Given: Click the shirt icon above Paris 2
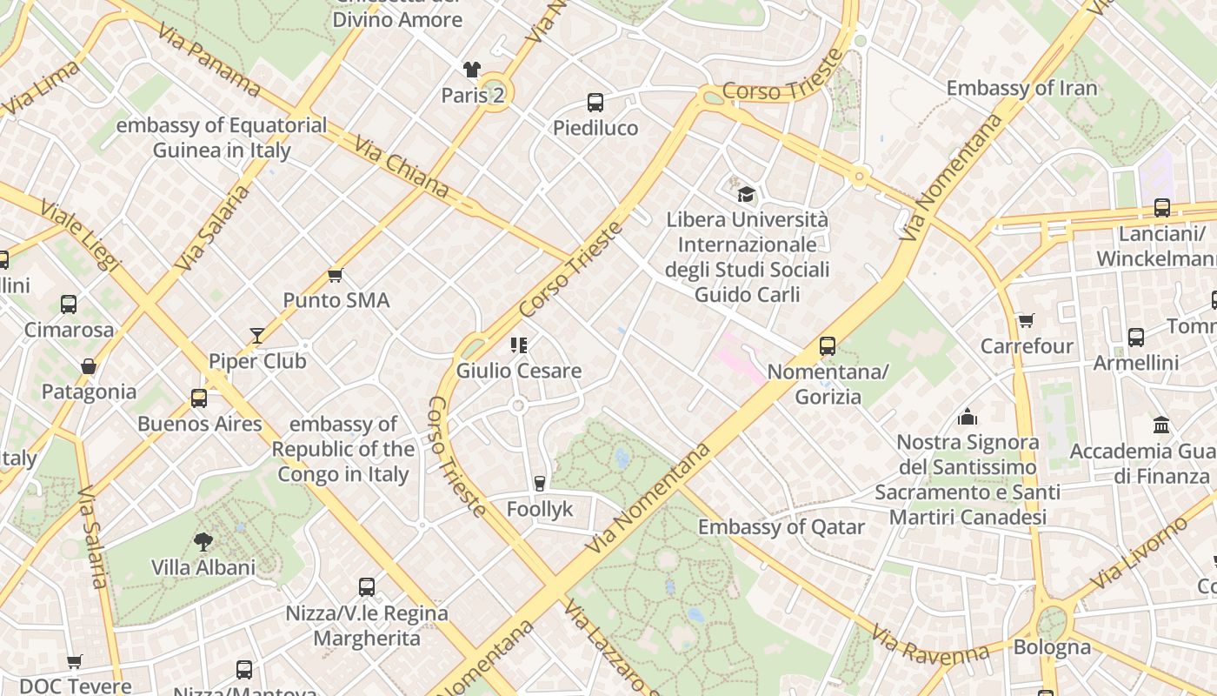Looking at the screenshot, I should click(471, 70).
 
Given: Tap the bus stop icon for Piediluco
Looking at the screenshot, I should click(595, 103).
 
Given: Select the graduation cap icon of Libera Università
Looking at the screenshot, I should click(746, 194).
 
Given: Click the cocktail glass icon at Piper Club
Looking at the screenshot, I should click(257, 335).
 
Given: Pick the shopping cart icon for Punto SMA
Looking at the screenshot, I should click(336, 275).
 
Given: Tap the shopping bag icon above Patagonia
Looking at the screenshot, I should click(89, 366).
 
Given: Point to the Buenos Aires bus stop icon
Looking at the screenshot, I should click(199, 398).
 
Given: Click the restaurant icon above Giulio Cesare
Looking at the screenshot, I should click(519, 345).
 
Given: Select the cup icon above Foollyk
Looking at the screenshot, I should click(540, 484).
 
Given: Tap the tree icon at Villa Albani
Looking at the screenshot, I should click(203, 542).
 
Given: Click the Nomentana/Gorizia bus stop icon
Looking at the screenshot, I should click(828, 346).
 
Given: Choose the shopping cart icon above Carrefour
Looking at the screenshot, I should click(1027, 320).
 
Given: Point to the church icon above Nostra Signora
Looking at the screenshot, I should click(968, 417).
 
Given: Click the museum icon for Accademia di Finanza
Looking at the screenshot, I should click(1161, 425).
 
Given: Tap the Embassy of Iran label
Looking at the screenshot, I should click(1021, 88).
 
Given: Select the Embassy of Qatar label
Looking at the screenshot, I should click(781, 527).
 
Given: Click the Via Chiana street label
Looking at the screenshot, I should click(402, 167).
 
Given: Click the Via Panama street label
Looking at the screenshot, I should click(209, 59).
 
